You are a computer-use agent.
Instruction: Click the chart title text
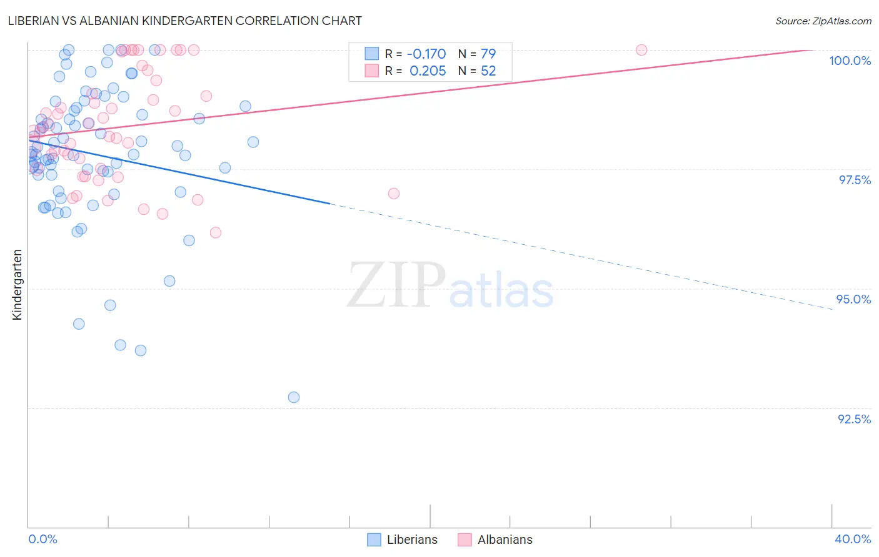(185, 21)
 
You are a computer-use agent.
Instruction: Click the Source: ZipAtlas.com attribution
(823, 21)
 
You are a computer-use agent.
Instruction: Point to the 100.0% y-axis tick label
(850, 61)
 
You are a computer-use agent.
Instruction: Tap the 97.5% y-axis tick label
(854, 180)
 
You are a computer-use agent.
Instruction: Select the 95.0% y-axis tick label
(853, 299)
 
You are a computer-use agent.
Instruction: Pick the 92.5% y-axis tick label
(854, 419)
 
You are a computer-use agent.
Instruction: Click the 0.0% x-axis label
(43, 539)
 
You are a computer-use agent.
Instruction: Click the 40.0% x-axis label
(853, 539)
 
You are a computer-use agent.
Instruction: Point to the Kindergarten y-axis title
(18, 285)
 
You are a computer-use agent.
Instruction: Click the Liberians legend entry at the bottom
(411, 540)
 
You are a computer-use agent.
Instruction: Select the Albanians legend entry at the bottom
(505, 540)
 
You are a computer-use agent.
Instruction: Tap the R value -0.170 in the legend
(426, 54)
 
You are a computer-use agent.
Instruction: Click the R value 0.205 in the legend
(428, 71)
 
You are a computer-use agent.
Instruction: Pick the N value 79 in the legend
(488, 54)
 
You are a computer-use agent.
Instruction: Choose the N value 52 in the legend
(488, 71)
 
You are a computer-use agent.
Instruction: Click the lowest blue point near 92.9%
(294, 397)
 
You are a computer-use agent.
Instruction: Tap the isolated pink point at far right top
(641, 50)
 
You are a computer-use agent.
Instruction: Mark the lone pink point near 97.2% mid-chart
(394, 194)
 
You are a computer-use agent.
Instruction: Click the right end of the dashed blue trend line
(831, 309)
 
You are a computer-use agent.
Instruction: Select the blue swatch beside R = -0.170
(372, 54)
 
